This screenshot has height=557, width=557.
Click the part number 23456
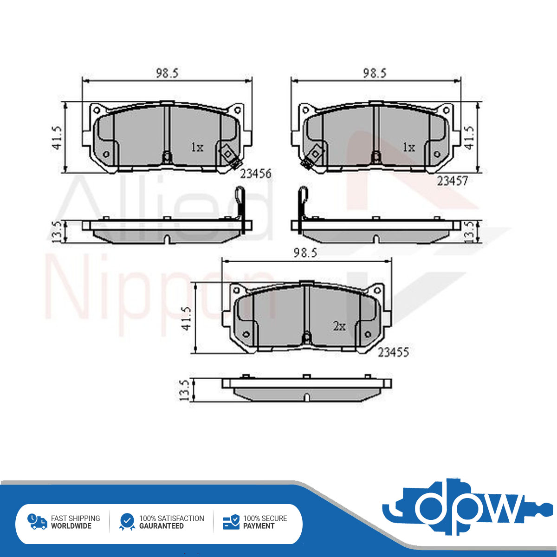coord(256,174)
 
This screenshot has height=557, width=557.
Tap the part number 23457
coord(452,181)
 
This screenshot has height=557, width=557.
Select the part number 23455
coord(394,352)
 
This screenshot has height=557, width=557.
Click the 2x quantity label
coord(339,326)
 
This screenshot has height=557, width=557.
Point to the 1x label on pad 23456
coord(197,148)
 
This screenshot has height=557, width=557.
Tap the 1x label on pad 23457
coord(409,148)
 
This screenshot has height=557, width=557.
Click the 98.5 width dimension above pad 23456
coord(168,73)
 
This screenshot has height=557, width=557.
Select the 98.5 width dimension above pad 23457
coord(375,73)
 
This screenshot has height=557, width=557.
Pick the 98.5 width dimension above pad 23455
coord(305,253)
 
